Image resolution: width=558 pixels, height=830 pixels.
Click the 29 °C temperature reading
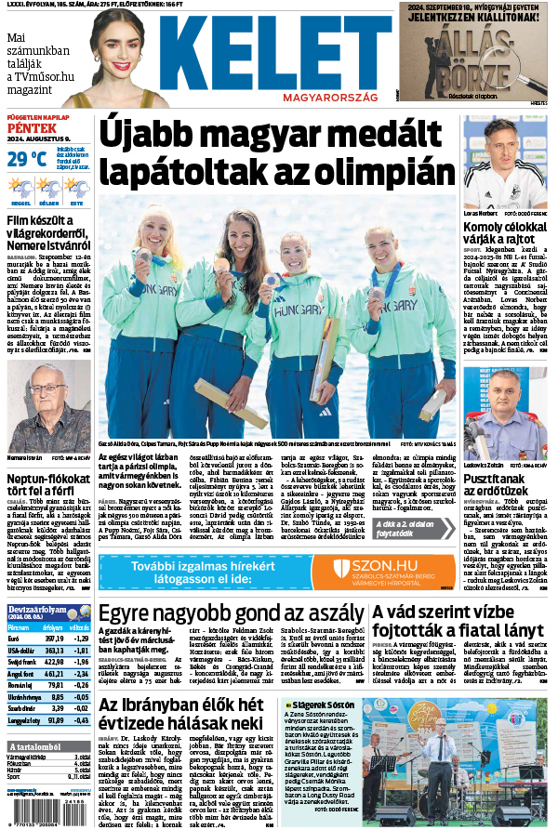pos(26,159)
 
